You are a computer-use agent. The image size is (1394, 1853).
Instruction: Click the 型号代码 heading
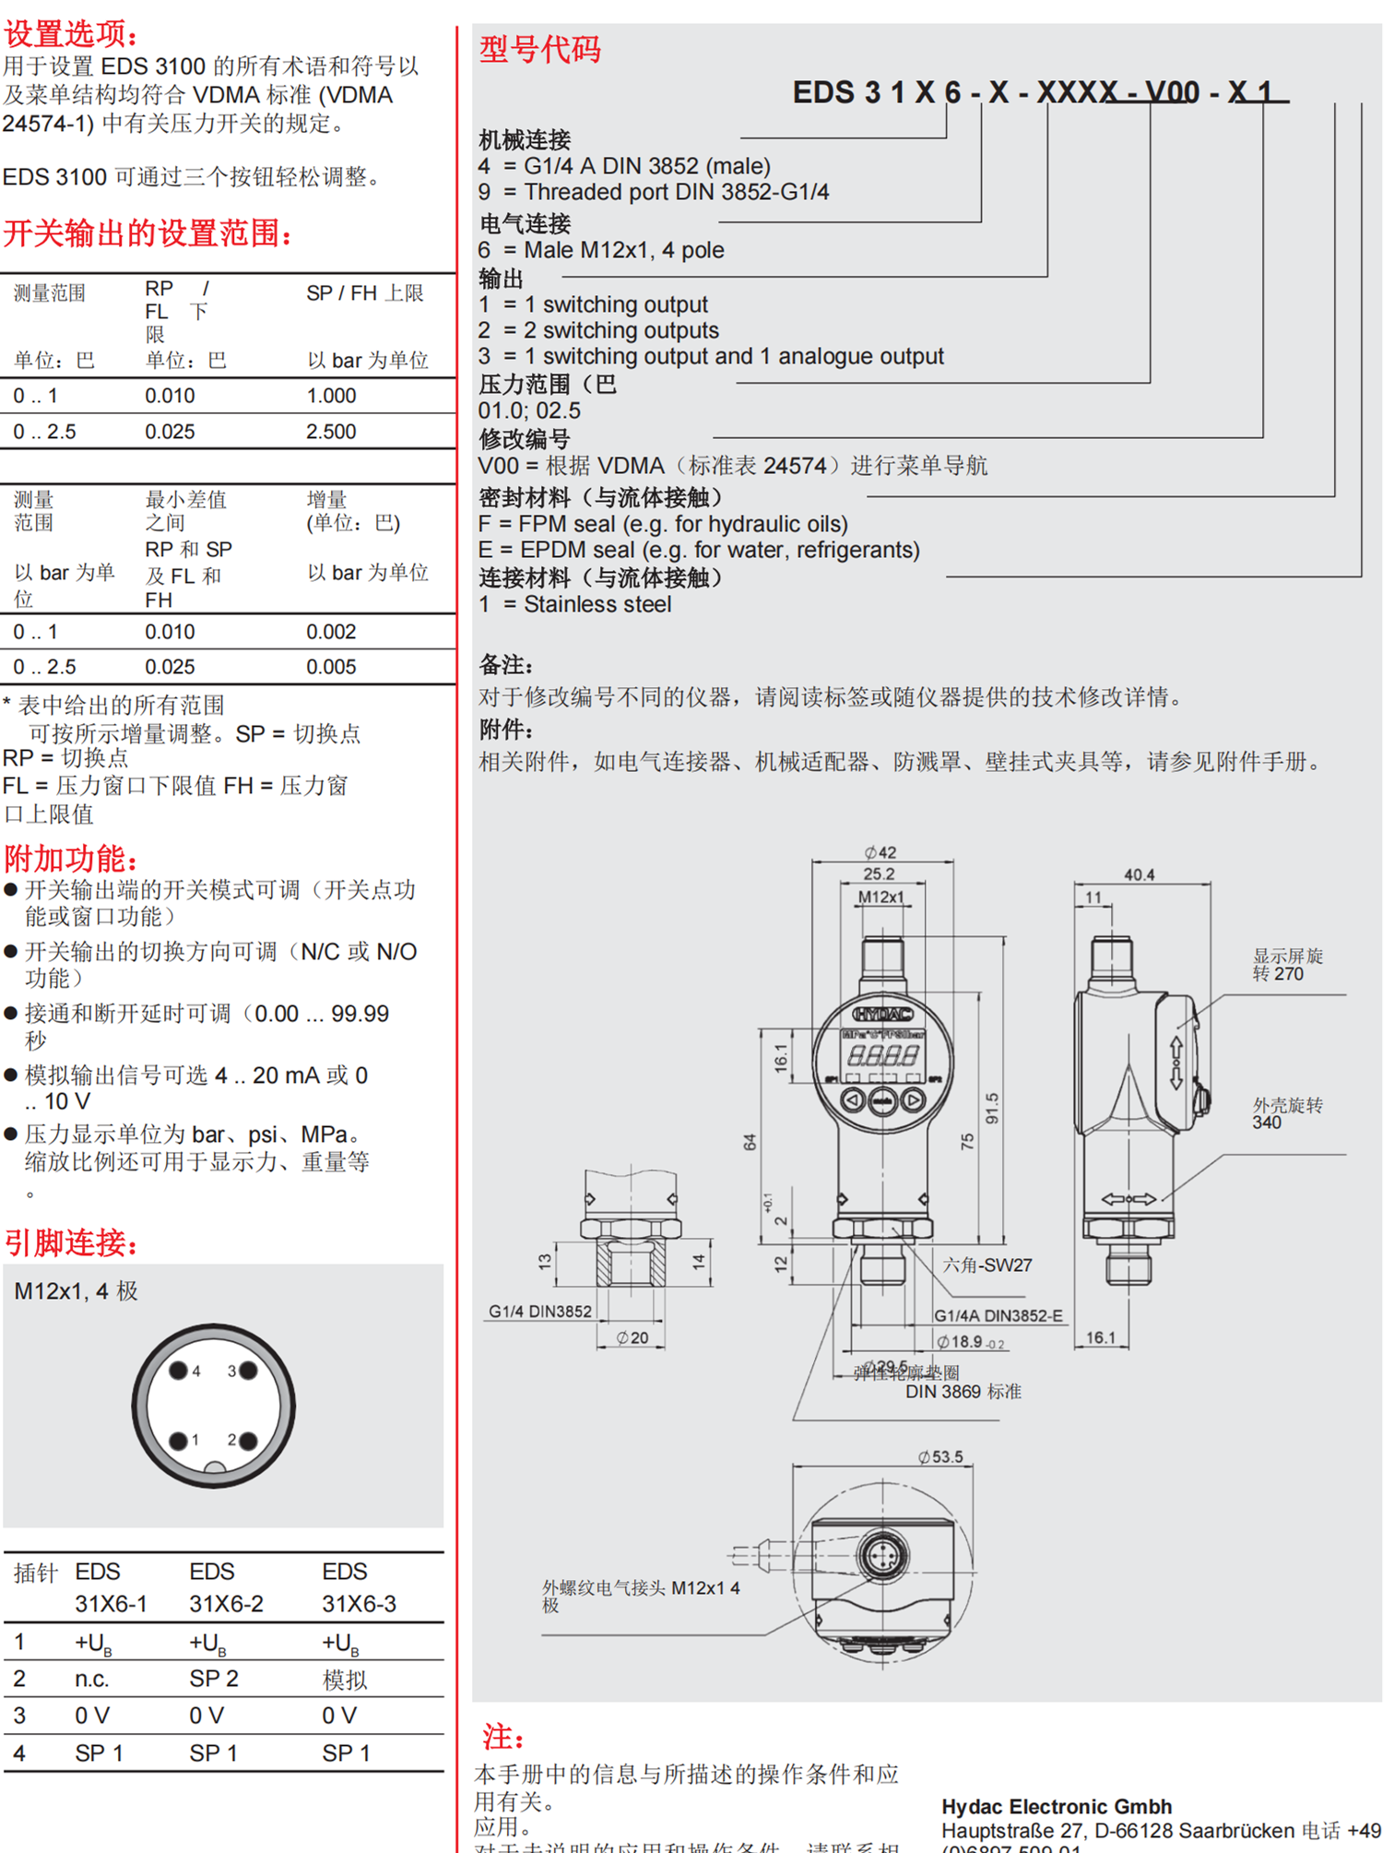[540, 48]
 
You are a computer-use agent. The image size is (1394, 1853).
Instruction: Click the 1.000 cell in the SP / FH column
[331, 396]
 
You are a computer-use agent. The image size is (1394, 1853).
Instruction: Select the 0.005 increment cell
[331, 667]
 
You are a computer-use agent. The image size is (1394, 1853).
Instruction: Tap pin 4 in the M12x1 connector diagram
[179, 1371]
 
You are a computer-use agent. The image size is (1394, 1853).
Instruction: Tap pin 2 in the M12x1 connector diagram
[247, 1440]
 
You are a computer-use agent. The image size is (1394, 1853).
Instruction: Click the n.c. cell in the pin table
[92, 1679]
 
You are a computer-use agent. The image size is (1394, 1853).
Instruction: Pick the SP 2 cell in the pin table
[214, 1679]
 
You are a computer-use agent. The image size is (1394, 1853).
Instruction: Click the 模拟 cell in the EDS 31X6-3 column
[345, 1680]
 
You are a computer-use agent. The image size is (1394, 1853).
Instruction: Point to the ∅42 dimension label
[880, 852]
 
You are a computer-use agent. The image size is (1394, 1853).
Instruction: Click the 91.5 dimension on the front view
[992, 1108]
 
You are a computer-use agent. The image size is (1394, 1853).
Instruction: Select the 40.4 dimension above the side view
[1140, 874]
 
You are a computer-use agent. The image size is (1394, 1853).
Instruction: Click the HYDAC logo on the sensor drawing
[882, 1014]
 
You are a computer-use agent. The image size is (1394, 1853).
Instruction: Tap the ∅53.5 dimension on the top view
[940, 1456]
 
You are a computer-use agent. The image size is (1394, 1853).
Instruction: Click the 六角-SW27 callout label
[986, 1265]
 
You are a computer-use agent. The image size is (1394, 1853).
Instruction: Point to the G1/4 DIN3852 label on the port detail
[540, 1312]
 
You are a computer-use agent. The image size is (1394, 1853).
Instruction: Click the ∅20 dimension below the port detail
[632, 1337]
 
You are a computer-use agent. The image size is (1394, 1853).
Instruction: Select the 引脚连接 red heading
[71, 1242]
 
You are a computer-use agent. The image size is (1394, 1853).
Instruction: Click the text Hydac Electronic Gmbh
[1057, 1806]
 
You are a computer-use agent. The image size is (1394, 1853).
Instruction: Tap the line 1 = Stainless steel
[574, 604]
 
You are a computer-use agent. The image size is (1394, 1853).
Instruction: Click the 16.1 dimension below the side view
[1101, 1337]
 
